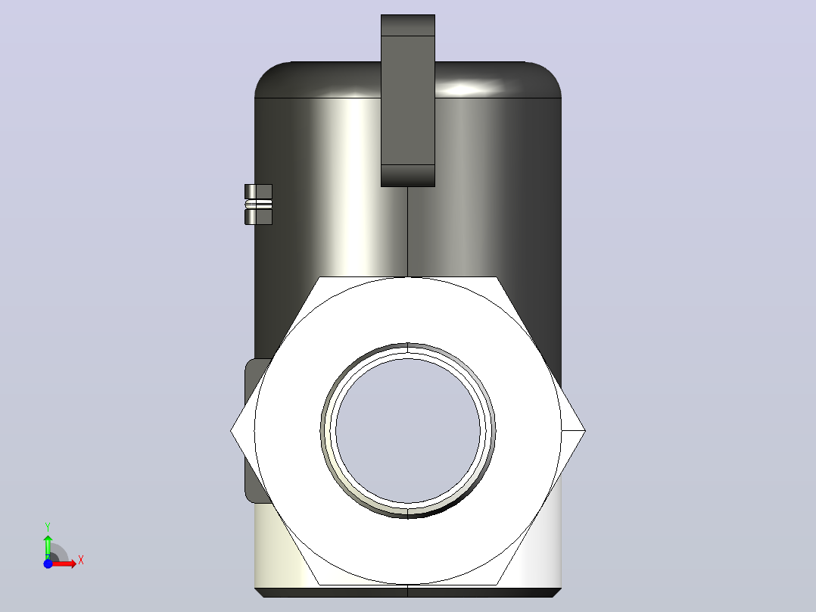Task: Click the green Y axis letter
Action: pos(48,527)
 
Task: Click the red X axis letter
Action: pos(81,560)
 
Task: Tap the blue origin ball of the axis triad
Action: pos(48,564)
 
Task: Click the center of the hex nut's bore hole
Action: pos(408,431)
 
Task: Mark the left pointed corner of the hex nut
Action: pos(231,431)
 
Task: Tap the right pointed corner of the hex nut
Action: pos(585,431)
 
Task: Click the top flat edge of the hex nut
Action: pos(408,277)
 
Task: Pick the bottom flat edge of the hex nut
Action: pos(408,585)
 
